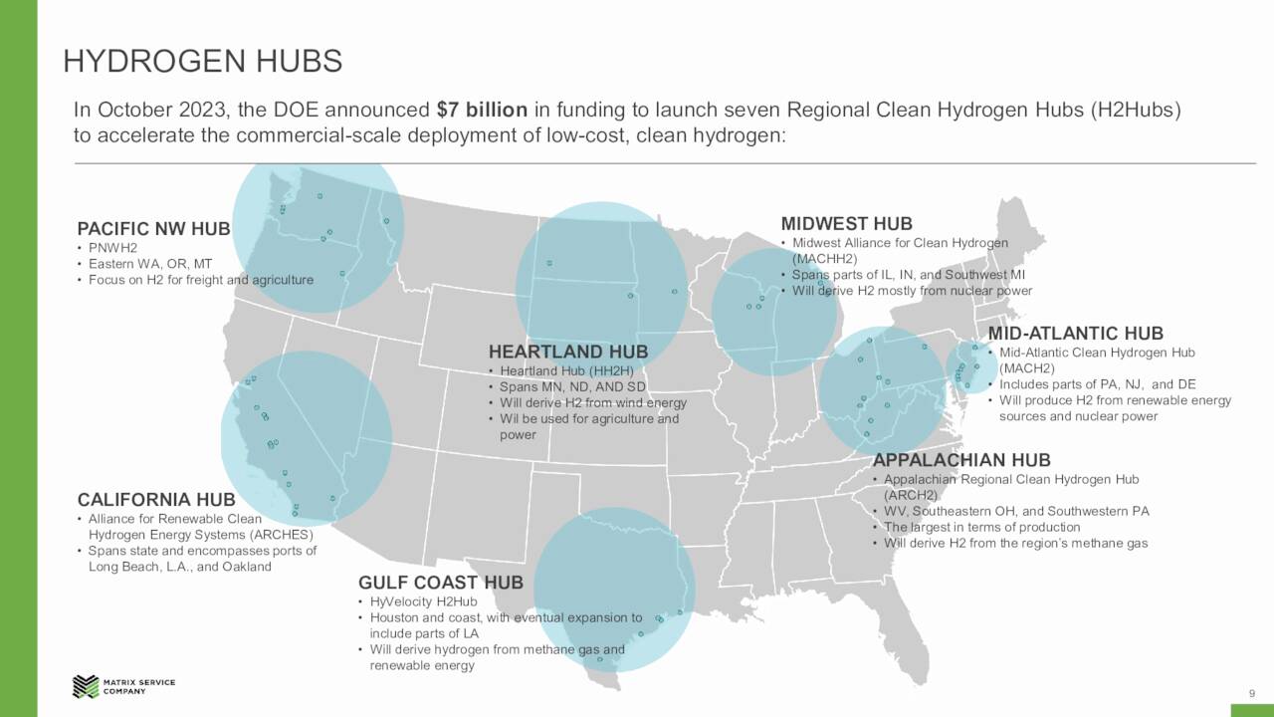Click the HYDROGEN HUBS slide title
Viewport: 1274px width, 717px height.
(203, 62)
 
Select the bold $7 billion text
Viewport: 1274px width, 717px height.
(483, 110)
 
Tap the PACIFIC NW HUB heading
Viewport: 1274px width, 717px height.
(153, 229)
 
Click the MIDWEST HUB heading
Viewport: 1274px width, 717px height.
(846, 224)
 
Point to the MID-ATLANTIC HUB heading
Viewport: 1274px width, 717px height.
(1075, 334)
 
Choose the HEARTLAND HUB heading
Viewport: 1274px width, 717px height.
(567, 352)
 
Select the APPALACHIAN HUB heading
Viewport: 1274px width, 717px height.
(961, 460)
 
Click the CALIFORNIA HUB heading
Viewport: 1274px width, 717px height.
(156, 499)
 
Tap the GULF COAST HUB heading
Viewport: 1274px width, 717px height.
(440, 583)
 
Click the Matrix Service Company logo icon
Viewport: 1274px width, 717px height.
(85, 686)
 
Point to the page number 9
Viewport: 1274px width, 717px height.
(1251, 693)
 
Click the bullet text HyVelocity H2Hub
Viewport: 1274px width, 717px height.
(423, 601)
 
